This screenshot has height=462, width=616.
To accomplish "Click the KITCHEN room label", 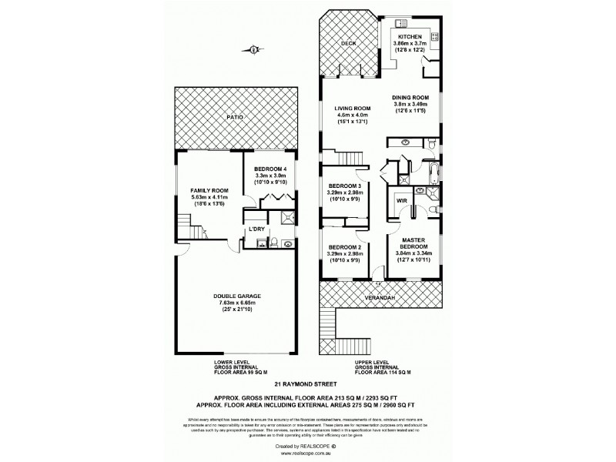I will click(410, 37).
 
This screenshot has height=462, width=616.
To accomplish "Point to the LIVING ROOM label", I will click(353, 108).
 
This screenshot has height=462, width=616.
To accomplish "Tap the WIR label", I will click(401, 201).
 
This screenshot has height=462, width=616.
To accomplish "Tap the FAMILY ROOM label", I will click(209, 190).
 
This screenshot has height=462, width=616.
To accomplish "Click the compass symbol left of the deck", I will click(254, 51).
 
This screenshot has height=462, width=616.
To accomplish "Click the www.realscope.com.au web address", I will click(308, 454).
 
